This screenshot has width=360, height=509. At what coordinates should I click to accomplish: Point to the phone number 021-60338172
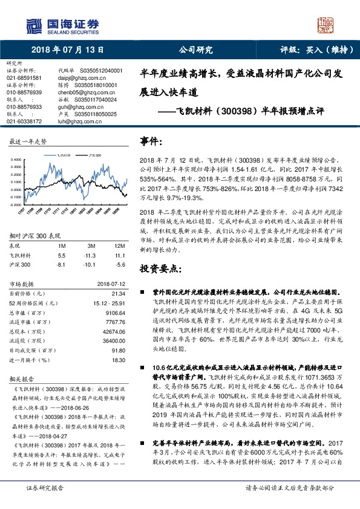coord(24,122)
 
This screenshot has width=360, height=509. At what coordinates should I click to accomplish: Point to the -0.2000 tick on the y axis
coord(18,206)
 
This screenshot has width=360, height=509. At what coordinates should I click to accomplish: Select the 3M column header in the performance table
coord(91,246)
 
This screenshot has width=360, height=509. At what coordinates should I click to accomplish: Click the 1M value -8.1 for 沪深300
coord(61,265)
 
